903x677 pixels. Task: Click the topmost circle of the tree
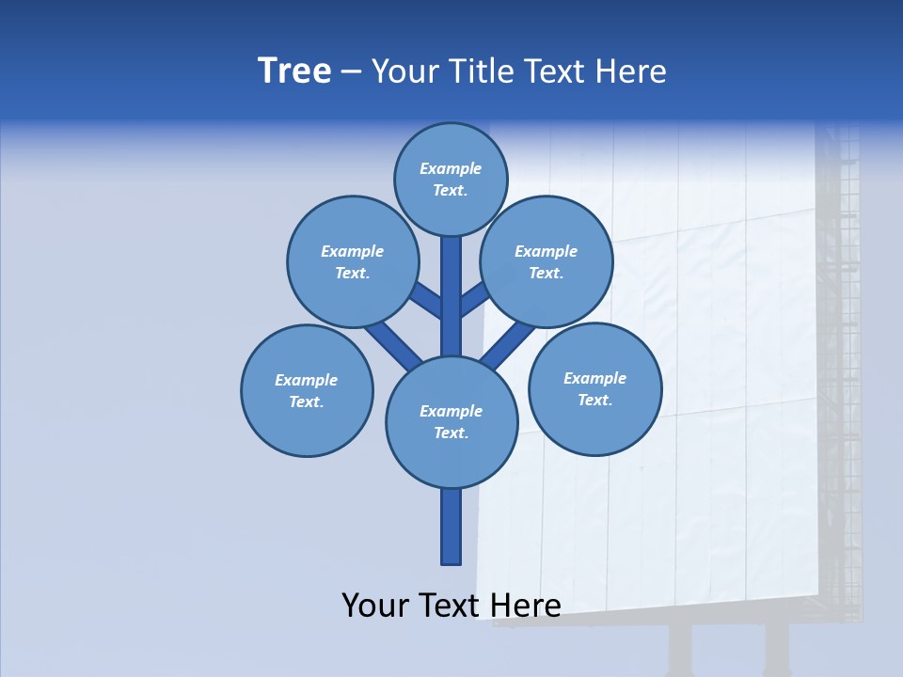(451, 179)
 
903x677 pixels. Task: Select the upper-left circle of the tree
(353, 261)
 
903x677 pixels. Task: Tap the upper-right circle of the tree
(547, 261)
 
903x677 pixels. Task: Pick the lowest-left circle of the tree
(307, 390)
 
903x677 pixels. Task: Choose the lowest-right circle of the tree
(594, 388)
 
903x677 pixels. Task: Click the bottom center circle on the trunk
(451, 421)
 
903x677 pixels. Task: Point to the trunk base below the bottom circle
(451, 527)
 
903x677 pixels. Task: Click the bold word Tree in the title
(294, 71)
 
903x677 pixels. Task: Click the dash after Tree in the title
(351, 71)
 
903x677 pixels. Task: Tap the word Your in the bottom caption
(375, 606)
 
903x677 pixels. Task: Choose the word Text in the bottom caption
(451, 606)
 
